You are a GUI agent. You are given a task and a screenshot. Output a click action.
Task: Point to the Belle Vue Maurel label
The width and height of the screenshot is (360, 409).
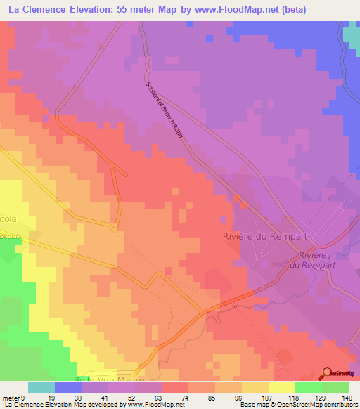pos(105,377)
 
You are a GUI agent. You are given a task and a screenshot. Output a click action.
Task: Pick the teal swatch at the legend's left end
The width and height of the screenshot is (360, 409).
pos(41,387)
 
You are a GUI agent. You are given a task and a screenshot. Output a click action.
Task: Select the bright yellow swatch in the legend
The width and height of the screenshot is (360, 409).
pos(282,387)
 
